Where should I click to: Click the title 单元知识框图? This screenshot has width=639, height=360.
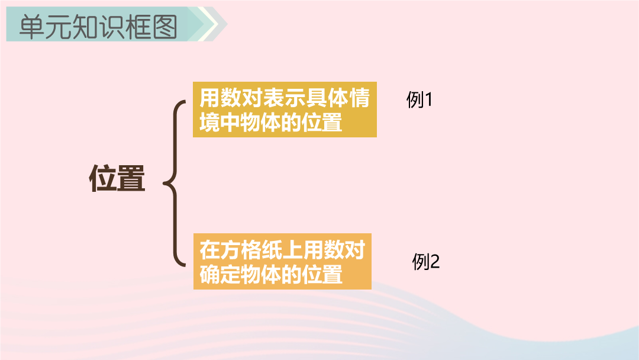tap(98, 27)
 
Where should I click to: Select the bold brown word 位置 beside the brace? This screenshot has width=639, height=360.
tap(117, 178)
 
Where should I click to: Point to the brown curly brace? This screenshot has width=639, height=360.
tap(175, 184)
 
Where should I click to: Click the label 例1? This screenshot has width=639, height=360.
tap(419, 99)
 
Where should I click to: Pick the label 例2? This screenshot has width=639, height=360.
tap(426, 261)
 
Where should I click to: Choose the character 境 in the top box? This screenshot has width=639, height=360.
tap(209, 123)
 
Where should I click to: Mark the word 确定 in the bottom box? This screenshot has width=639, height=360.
tap(220, 274)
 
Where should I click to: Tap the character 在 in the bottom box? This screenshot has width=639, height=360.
tap(209, 250)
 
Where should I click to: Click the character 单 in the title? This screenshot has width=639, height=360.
tap(32, 27)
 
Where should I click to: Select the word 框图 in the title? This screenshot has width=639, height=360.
tap(151, 27)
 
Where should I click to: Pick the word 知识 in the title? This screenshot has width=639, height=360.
tap(98, 27)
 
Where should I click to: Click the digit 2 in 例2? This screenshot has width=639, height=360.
tap(434, 262)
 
